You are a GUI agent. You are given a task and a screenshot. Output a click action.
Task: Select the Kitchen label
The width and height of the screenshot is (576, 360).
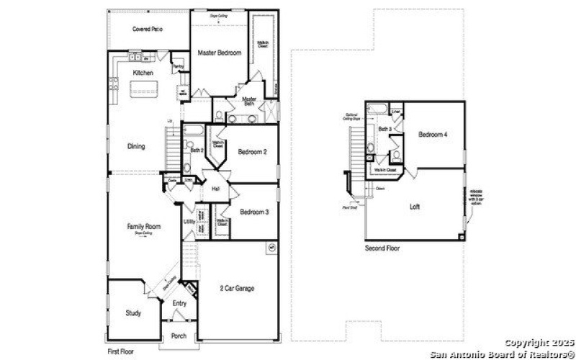coord(143,73)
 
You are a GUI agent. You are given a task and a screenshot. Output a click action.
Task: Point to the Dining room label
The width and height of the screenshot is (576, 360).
coord(136,146)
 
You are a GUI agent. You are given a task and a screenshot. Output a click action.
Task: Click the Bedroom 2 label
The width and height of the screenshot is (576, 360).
coord(253,152)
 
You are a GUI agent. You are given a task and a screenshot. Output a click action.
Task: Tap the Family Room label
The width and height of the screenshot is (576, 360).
coord(143,227)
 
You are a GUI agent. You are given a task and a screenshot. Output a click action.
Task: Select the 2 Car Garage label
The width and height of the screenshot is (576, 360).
coord(238,289)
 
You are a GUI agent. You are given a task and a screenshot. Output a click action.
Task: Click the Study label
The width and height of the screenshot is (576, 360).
coord(132,313)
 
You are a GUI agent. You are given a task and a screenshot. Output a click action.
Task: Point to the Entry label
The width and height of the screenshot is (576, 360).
coord(179,303)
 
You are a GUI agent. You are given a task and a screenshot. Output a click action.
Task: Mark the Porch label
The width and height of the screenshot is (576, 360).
coord(179,336)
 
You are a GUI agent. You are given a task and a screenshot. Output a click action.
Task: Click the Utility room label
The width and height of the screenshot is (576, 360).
coord(189,222)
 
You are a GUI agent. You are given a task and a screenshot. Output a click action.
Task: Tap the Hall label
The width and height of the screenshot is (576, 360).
coord(215,189)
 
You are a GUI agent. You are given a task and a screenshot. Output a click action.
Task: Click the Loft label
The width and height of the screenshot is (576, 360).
coord(415,207)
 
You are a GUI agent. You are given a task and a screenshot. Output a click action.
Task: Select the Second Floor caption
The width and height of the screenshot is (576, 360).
coord(383,248)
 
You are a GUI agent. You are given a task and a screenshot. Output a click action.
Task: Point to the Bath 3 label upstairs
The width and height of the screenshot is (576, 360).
coord(385,129)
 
